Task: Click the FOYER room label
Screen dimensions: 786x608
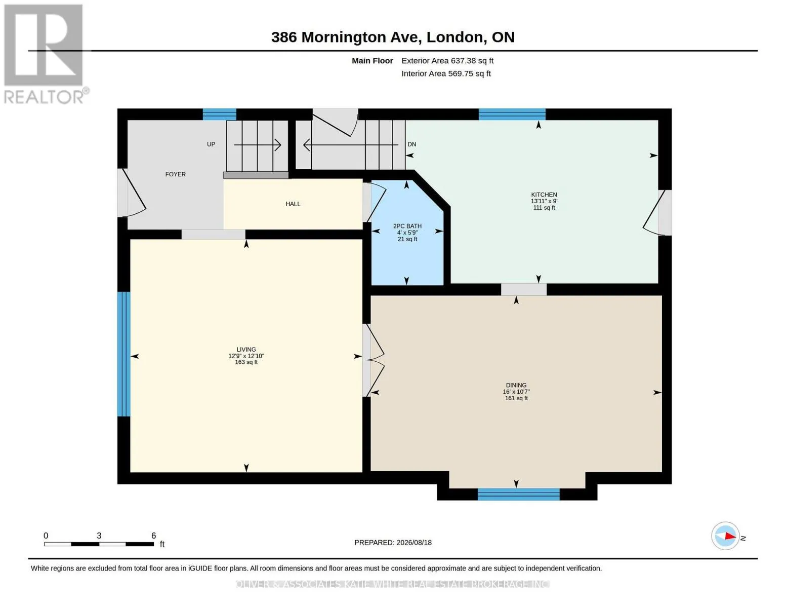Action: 176,174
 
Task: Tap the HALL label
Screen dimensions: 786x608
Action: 293,204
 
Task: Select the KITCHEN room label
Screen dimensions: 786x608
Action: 544,195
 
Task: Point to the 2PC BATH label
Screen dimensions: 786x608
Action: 407,226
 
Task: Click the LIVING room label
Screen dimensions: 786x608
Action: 246,350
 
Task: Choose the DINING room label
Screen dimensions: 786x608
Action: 516,385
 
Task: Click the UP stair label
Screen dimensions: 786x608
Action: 211,144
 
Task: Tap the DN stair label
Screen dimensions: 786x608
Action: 411,144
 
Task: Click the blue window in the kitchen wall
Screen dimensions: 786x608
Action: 512,114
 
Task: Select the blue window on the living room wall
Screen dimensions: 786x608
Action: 123,354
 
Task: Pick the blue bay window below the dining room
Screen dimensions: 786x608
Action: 518,495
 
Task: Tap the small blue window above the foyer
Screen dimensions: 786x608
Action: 219,114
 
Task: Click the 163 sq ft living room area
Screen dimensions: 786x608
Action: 246,362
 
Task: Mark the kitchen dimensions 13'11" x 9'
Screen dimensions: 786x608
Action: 544,201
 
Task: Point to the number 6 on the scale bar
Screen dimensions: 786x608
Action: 153,536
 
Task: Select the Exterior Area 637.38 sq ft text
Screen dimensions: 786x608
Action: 447,61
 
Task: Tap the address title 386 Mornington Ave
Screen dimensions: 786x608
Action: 347,37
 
